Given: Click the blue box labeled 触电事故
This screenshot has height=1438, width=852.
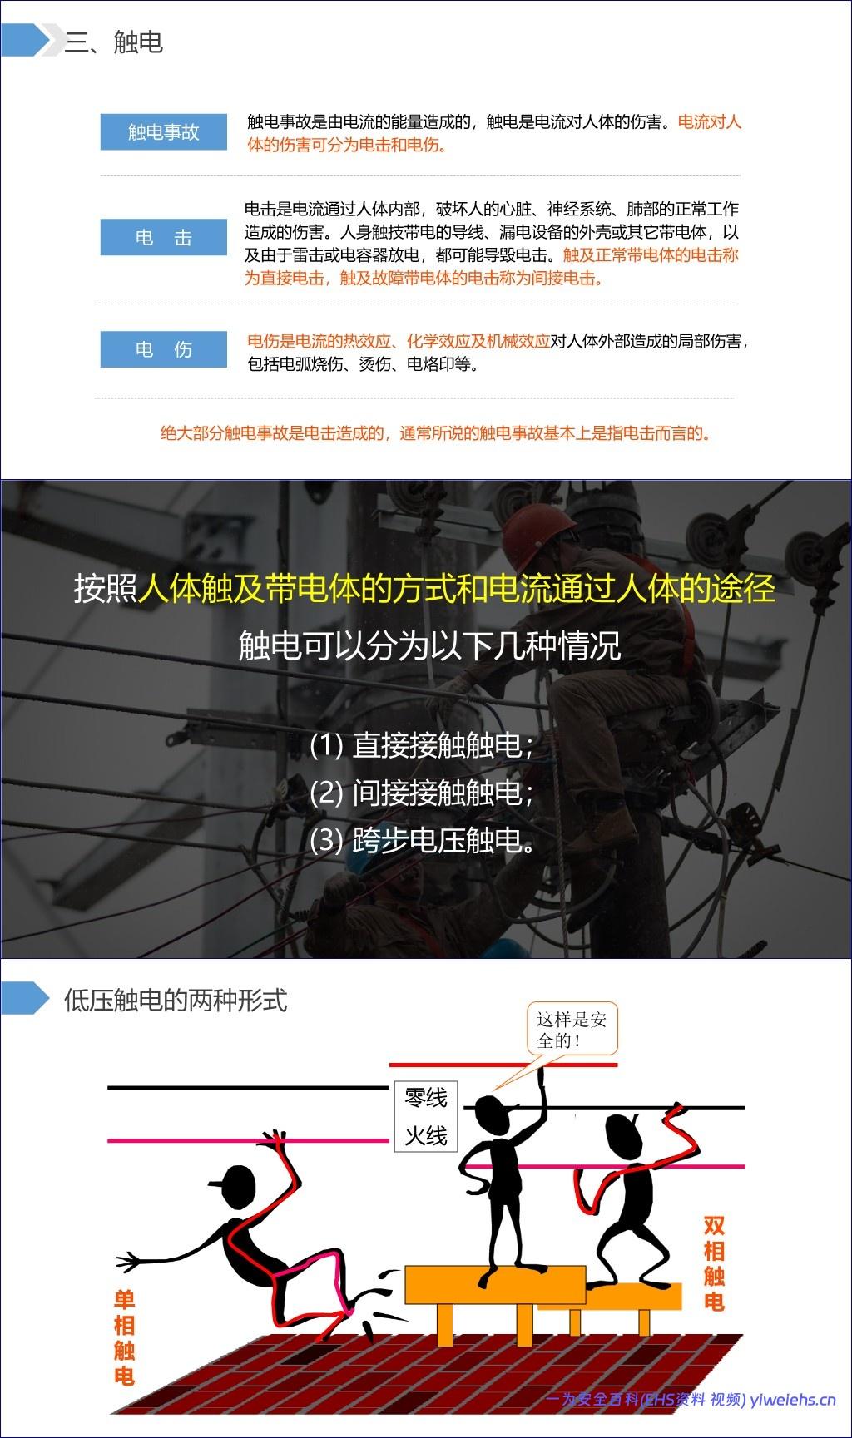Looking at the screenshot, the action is pos(164,131).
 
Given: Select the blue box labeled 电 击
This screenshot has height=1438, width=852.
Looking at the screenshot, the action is pos(164,237).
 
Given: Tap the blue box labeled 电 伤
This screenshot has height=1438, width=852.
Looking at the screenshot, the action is pos(164,349).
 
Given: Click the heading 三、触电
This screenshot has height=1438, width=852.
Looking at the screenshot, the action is pos(113,42).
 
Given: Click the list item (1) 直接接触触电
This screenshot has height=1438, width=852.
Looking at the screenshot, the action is pos(421,744).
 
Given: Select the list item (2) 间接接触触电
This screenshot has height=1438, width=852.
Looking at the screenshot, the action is pos(421,793).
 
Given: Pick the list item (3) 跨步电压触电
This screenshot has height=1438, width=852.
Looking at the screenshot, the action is pos(423,841).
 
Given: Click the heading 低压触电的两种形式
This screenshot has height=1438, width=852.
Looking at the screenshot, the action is pos(176,1000).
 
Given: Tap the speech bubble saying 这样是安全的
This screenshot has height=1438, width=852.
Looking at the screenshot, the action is pos(571,1030).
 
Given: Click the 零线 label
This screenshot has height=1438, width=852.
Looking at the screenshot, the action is pos(426,1098).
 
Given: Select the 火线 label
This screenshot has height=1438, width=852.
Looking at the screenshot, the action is pos(426,1135).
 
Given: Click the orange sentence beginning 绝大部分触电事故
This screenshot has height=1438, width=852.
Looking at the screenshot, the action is pos(436,432).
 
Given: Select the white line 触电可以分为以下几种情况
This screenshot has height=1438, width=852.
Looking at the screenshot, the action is pos(429,645).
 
